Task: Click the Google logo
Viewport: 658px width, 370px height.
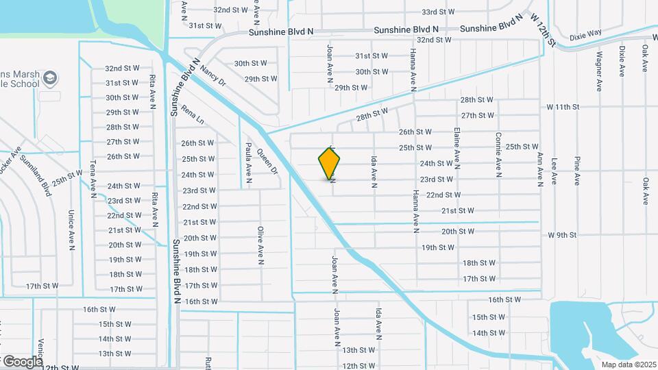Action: click(22, 361)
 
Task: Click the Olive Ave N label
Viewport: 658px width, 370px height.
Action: click(260, 246)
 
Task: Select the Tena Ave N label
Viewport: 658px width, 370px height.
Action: click(93, 177)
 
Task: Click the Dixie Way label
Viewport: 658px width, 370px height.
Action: click(586, 32)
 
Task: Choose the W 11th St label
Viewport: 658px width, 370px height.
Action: click(563, 107)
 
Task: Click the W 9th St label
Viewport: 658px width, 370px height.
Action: click(562, 235)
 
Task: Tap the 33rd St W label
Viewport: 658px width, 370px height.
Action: click(438, 12)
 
